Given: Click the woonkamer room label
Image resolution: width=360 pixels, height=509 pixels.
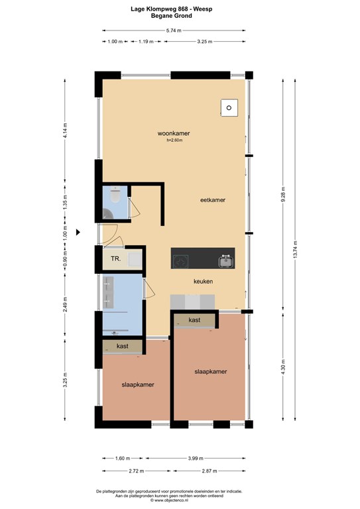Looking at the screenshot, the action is tap(174, 133).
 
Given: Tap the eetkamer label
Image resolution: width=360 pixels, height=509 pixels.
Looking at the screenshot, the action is tap(213, 200).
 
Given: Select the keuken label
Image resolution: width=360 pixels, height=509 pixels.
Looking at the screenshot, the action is tap(204, 282).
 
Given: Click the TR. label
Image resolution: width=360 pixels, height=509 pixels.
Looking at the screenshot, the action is tap(116, 258).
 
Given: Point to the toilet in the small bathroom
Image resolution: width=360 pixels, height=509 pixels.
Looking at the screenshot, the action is tap(115, 194).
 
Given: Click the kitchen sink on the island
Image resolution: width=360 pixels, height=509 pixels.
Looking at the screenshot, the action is tap(226, 261).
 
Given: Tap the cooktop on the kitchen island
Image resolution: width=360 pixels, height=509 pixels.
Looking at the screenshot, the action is tap(180, 261).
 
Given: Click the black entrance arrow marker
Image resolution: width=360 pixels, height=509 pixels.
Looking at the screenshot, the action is tap(78, 232).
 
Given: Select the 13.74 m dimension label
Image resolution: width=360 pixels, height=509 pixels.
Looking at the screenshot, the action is tap(295, 250).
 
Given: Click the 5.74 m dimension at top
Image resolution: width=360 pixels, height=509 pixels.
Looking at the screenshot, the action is tap(174, 30).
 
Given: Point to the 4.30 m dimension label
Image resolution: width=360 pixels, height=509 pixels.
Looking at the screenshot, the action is tap(283, 366).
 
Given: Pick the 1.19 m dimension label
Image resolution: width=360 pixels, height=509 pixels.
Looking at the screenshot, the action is tap(146, 42).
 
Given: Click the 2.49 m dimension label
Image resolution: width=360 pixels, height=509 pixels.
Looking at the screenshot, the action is tap(65, 304).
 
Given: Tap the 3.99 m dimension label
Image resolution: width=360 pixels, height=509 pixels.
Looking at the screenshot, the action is tap(196, 459).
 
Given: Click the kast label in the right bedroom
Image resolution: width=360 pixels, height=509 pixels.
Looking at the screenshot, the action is tap(194, 320).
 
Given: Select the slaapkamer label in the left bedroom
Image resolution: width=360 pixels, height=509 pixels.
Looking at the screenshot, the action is tap(138, 384).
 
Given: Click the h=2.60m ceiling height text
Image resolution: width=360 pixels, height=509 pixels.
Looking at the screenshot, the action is tap(174, 141).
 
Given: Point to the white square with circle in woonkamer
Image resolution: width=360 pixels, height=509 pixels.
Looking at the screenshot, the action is tap(229, 108).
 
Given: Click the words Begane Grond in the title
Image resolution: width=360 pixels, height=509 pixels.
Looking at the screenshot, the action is tap(172, 16).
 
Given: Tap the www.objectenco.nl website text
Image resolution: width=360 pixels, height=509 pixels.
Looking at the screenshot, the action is tap(169, 500).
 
